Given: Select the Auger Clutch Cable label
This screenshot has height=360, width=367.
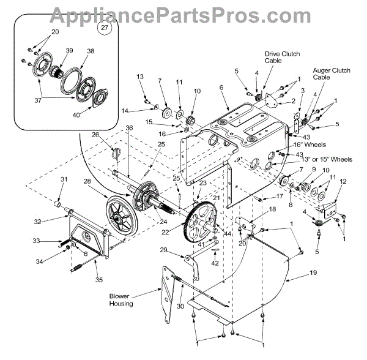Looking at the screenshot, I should [x=332, y=75].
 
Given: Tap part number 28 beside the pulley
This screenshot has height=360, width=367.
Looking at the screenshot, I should [x=87, y=182].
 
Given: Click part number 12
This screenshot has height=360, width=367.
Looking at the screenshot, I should [x=343, y=181].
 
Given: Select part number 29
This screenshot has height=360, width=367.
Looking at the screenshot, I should [x=163, y=250].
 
